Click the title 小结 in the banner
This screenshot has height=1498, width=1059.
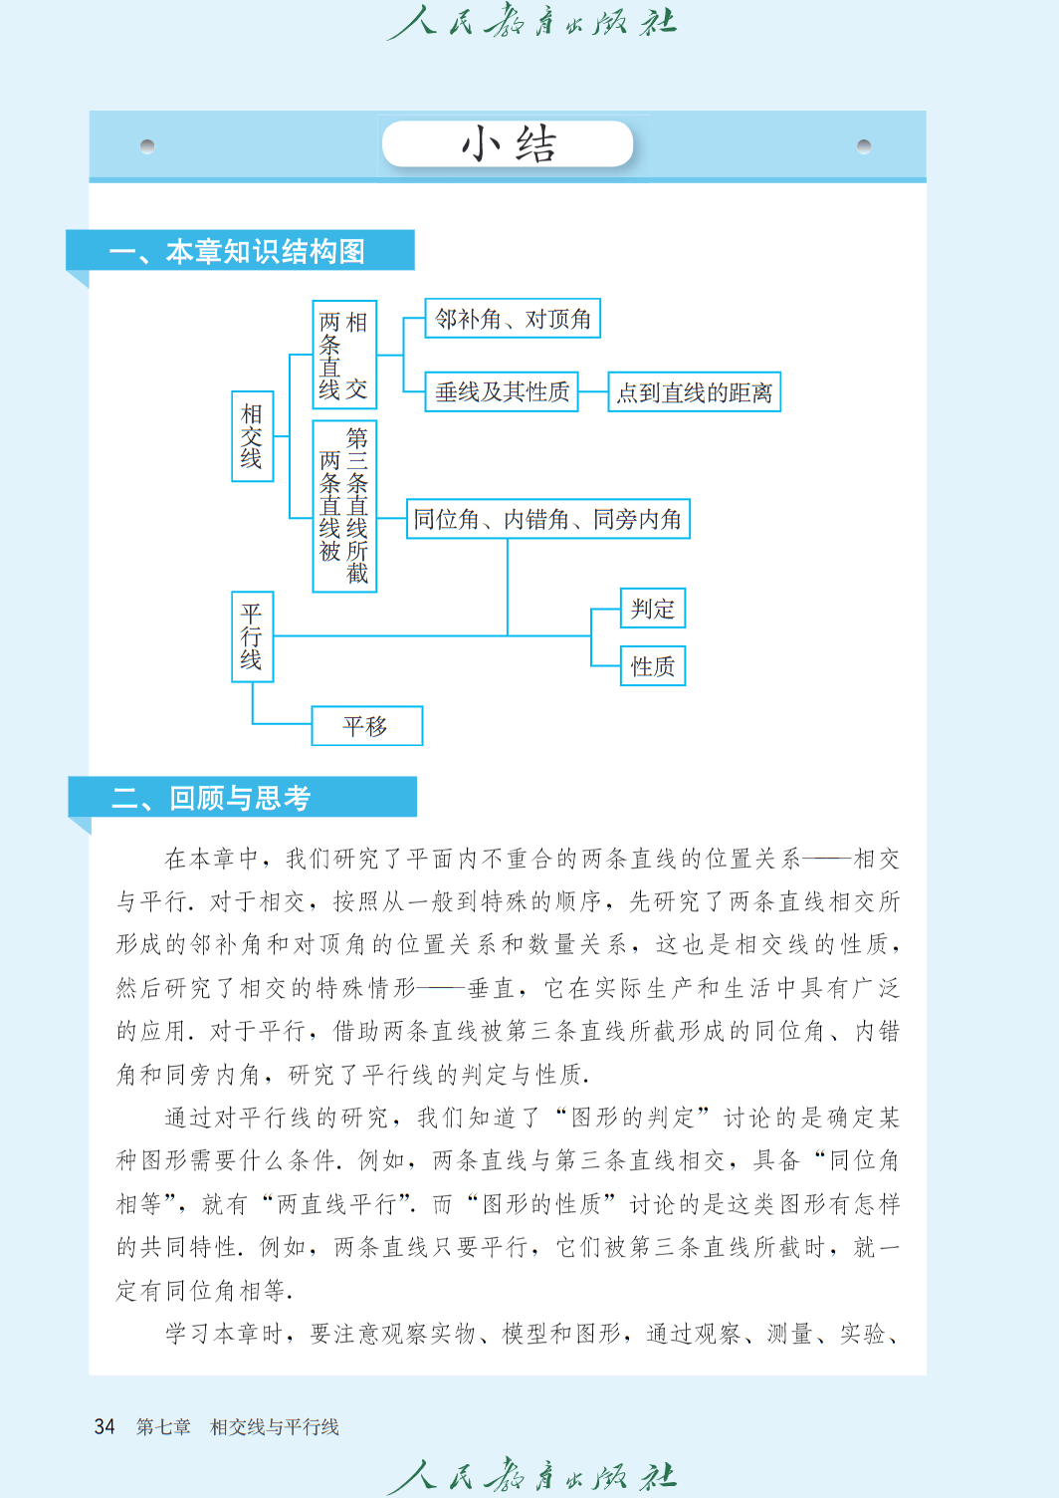[509, 143]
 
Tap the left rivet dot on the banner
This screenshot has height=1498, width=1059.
[147, 145]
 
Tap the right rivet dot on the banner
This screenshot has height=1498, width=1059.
[864, 145]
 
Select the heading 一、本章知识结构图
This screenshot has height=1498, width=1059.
[237, 252]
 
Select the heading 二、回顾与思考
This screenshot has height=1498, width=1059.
[211, 798]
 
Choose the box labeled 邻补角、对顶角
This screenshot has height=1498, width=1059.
[513, 319]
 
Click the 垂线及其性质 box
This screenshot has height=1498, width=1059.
[502, 391]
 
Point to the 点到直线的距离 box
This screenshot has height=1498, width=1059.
[694, 391]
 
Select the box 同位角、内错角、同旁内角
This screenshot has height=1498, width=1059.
[547, 519]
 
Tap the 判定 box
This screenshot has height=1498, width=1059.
[653, 608]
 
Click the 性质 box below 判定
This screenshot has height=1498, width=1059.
[653, 666]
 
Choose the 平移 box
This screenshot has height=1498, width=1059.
[367, 725]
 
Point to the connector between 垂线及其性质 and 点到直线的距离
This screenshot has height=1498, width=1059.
[593, 391]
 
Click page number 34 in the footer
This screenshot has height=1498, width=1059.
[105, 1426]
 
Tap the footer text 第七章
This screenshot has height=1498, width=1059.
[163, 1426]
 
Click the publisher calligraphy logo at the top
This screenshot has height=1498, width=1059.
[531, 21]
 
